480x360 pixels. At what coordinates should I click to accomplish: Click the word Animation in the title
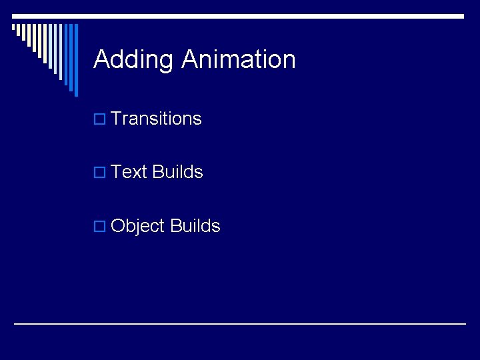[238, 60]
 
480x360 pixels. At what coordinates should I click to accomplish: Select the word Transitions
[156, 119]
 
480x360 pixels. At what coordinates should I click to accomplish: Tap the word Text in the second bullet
[129, 172]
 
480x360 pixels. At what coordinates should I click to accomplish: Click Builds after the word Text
[177, 172]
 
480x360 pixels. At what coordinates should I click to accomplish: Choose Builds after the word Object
[195, 226]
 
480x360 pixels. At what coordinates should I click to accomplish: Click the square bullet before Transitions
[99, 119]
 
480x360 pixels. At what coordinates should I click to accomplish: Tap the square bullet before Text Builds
[99, 173]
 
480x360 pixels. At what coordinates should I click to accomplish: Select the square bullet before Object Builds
[99, 227]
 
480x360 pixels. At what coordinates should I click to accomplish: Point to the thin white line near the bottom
[240, 324]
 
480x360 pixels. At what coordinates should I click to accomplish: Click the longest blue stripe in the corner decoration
[75, 60]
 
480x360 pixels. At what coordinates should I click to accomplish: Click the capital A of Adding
[101, 60]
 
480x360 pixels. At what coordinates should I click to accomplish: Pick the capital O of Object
[118, 226]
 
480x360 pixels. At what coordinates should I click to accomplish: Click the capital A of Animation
[189, 60]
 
